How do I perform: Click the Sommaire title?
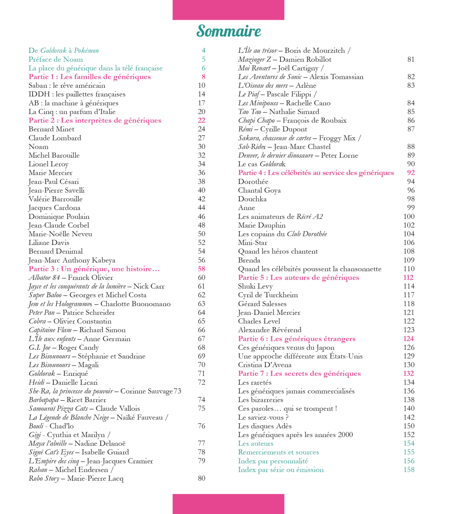coord(229,31)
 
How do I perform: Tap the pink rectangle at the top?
coord(228,10)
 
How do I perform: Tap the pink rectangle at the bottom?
coord(228,504)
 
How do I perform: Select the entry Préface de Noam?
coord(56,59)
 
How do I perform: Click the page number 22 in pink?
coord(202,120)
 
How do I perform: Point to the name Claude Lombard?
coord(55,138)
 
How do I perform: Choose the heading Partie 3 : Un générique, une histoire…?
coord(94,269)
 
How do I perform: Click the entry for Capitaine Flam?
coord(77,330)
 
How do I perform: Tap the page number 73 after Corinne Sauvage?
coord(177,391)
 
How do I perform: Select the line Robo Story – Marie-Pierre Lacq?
coord(76,478)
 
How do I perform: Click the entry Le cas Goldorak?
coord(262,164)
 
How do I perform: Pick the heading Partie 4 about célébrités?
coord(316,173)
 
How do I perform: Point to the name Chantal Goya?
coord(259,191)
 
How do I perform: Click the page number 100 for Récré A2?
coord(409,217)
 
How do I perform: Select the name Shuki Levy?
coord(255,286)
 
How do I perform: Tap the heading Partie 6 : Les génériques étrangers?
coord(297,339)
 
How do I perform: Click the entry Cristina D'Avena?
coord(264,365)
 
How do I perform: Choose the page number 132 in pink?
coord(408,373)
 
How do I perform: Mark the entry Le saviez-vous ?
coord(263,417)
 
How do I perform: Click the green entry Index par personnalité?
coord(273,461)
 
